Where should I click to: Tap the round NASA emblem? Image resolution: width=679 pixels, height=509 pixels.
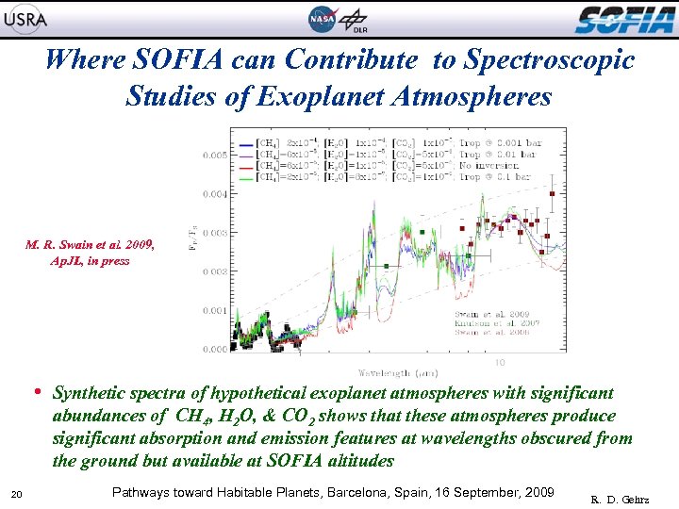323,19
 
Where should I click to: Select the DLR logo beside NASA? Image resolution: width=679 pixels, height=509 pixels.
355,19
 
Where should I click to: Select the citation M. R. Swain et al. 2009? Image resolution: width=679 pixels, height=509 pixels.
91,245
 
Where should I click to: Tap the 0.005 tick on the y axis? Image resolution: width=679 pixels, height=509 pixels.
212,155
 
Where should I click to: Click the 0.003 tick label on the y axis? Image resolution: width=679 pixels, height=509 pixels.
212,233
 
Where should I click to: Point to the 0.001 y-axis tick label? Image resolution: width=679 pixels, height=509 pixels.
212,310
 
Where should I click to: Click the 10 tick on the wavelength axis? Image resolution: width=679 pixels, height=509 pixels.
499,362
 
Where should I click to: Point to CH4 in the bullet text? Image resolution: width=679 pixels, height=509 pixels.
191,417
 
